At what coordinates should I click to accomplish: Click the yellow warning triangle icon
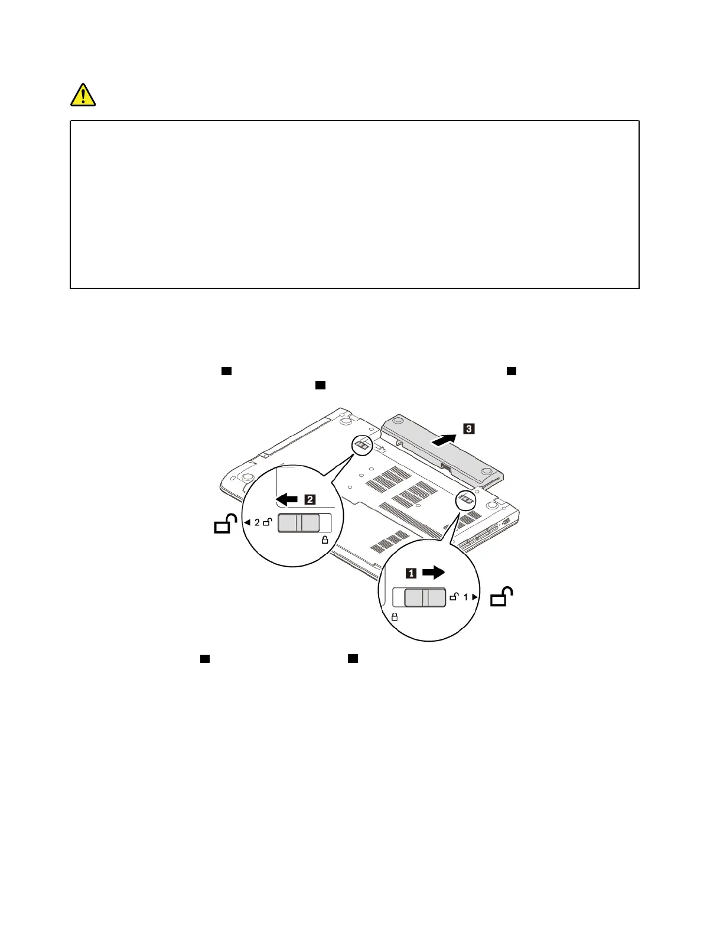(83, 95)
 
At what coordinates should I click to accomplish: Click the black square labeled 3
(468, 428)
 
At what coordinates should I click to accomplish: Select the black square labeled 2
(310, 499)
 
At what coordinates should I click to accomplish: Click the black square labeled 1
(411, 573)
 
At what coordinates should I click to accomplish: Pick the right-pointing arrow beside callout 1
(434, 572)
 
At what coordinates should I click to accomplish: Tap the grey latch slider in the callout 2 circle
(299, 523)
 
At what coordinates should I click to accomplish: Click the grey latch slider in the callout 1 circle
(425, 598)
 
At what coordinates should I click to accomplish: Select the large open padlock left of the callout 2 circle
(224, 524)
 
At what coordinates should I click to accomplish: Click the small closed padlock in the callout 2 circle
(324, 539)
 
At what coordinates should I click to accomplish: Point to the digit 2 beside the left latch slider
(257, 522)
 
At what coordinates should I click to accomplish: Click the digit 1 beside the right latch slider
(465, 597)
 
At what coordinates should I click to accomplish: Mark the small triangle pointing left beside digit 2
(247, 522)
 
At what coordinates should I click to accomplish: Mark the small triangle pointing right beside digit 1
(475, 597)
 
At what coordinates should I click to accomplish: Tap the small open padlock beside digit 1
(454, 597)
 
